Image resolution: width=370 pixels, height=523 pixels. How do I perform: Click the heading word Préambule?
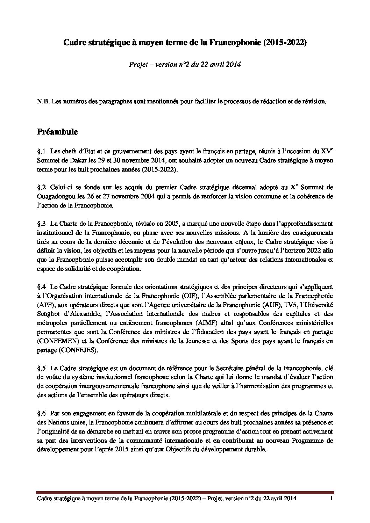point(57,132)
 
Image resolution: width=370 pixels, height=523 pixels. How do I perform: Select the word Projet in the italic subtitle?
point(137,65)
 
